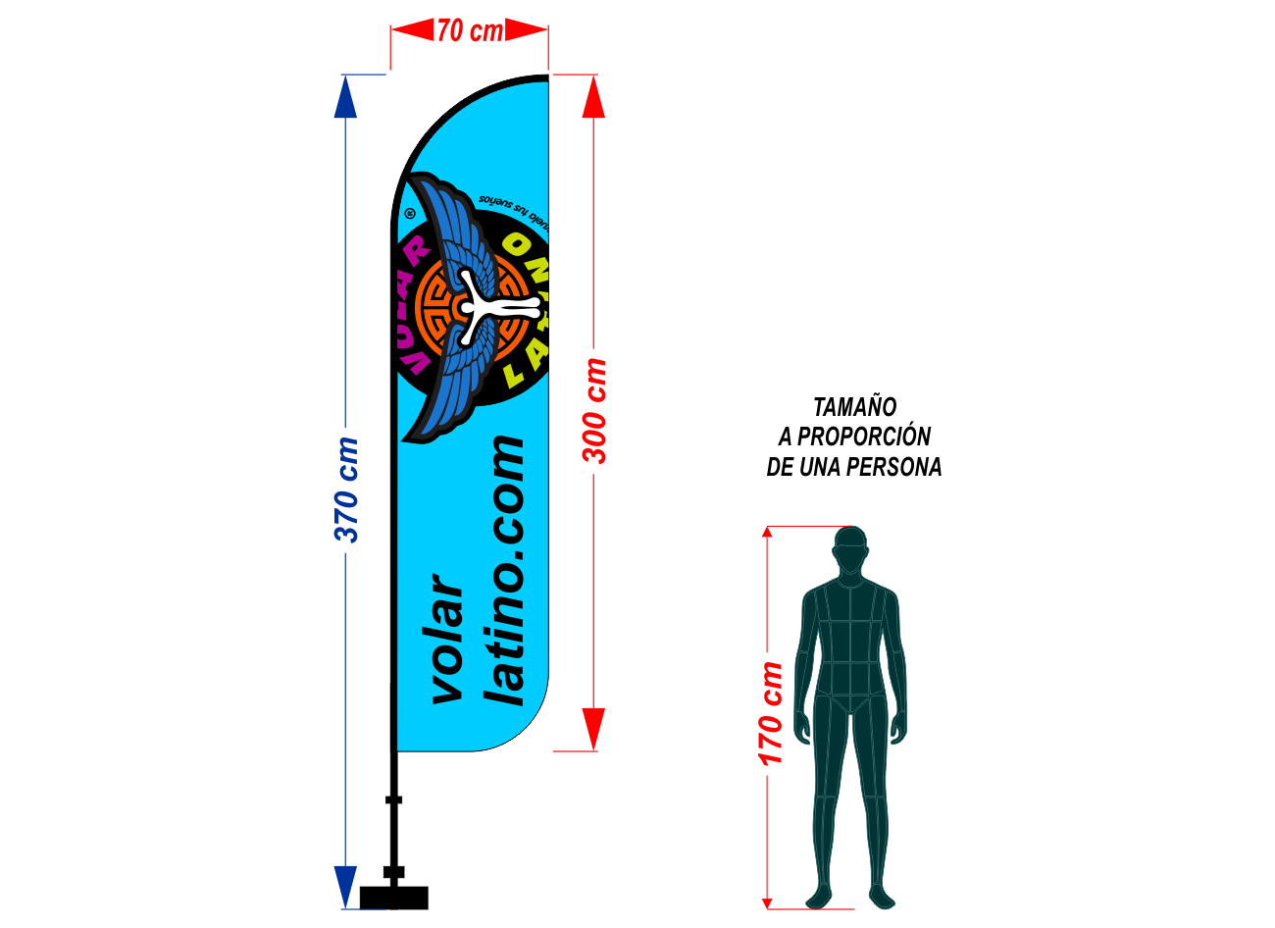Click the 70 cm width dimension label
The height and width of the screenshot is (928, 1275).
coord(470,30)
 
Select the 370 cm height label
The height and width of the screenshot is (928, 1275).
coord(346,490)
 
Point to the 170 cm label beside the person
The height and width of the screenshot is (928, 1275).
coord(771,713)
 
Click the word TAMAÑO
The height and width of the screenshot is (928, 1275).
coord(854,406)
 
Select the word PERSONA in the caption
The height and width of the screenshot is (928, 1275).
coord(893,467)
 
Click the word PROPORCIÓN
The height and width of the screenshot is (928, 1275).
coord(863,437)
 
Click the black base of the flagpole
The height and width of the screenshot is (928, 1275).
coord(393,897)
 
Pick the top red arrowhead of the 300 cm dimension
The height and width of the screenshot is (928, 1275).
coord(593,96)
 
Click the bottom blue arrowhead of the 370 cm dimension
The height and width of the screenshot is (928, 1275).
coord(345,887)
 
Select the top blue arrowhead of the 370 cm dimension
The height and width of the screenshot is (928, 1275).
coord(345,96)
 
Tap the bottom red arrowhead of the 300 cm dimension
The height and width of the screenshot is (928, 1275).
coord(593,729)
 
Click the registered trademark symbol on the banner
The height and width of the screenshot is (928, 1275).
coord(410,212)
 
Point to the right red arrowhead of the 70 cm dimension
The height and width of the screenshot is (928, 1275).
coord(529,30)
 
